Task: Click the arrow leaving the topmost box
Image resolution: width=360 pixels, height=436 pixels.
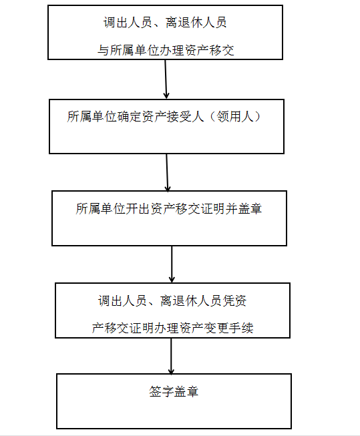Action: (166, 79)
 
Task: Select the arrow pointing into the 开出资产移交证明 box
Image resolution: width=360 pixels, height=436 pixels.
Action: (167, 172)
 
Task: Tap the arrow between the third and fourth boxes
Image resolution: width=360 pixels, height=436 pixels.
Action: (172, 264)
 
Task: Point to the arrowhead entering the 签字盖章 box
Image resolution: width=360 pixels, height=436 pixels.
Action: (171, 371)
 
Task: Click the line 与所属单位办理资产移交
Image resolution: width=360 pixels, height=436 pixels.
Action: (166, 50)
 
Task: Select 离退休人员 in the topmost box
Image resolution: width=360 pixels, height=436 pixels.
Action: (196, 23)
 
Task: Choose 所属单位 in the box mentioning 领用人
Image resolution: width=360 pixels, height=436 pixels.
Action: (92, 116)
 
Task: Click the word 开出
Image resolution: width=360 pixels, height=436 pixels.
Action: (138, 209)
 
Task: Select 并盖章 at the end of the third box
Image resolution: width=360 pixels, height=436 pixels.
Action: (244, 209)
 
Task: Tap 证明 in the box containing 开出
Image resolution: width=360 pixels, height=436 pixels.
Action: (213, 209)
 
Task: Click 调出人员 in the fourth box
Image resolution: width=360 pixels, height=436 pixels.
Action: (122, 301)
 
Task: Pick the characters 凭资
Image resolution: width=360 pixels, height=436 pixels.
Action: (234, 301)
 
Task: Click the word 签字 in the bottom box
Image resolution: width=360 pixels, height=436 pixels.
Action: (162, 392)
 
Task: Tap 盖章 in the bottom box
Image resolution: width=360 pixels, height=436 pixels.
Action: (186, 392)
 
